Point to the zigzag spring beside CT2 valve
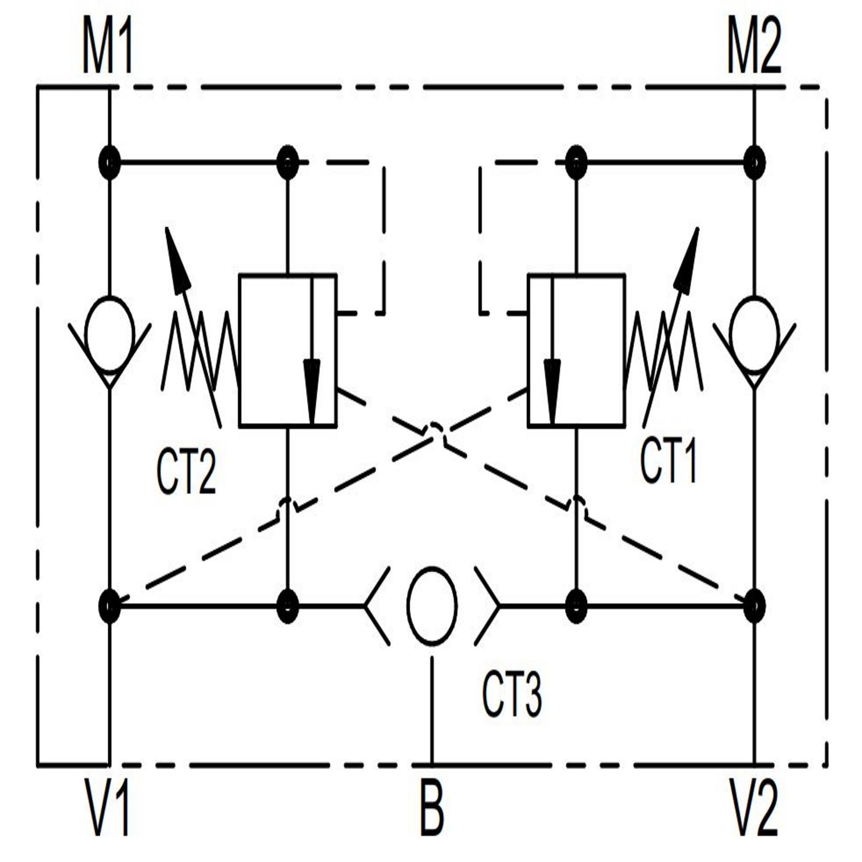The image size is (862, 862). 200,351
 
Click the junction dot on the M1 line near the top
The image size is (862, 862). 109,163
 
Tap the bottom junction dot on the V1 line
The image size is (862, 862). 109,606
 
